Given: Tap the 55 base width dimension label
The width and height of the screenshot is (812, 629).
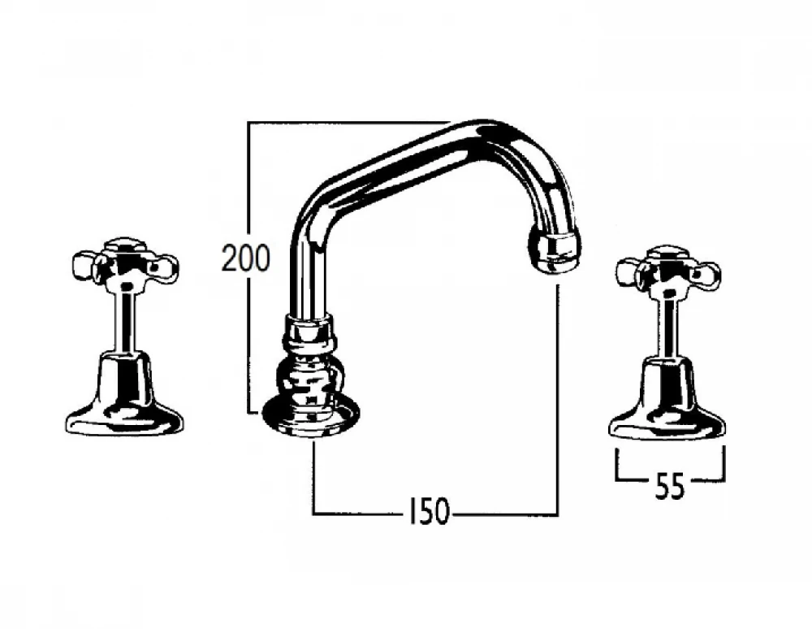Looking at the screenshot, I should click(x=669, y=487).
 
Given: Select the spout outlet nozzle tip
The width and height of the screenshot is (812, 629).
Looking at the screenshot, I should click(x=556, y=249).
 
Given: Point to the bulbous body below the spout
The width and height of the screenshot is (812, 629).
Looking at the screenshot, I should click(x=310, y=375).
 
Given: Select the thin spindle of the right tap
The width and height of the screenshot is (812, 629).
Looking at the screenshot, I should click(x=667, y=325).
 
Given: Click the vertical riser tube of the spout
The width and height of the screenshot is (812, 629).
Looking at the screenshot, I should click(x=307, y=268).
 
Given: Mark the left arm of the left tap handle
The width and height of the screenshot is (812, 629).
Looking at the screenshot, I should click(x=83, y=264).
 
